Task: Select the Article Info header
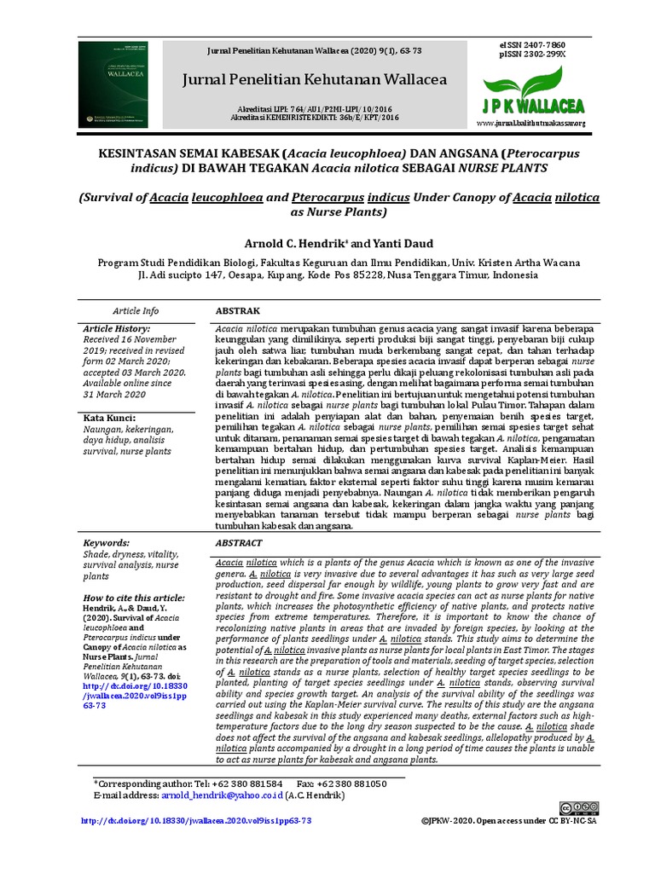(136, 311)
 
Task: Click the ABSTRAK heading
(237, 311)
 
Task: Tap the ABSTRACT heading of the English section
(238, 542)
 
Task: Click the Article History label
(117, 328)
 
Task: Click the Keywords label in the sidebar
(107, 543)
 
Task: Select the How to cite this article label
(134, 598)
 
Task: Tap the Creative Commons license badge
(579, 808)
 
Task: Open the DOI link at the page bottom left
(195, 821)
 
